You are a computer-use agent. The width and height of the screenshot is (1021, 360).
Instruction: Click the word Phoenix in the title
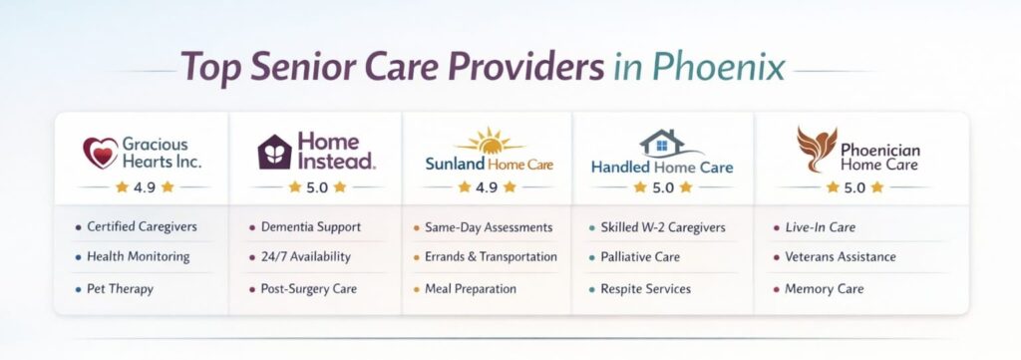[718, 67]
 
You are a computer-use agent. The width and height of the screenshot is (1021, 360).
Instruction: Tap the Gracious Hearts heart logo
[100, 154]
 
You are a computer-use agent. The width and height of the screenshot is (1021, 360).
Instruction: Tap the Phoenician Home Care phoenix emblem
[816, 150]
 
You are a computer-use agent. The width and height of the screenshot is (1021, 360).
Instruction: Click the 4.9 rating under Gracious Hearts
[145, 186]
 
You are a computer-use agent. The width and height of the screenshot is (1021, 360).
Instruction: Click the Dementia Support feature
[311, 227]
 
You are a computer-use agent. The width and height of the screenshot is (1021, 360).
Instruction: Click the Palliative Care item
[640, 257]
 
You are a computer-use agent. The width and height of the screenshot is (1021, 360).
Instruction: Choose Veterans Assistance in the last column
[839, 257]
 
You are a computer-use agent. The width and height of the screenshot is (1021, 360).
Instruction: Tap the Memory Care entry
[823, 289]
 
